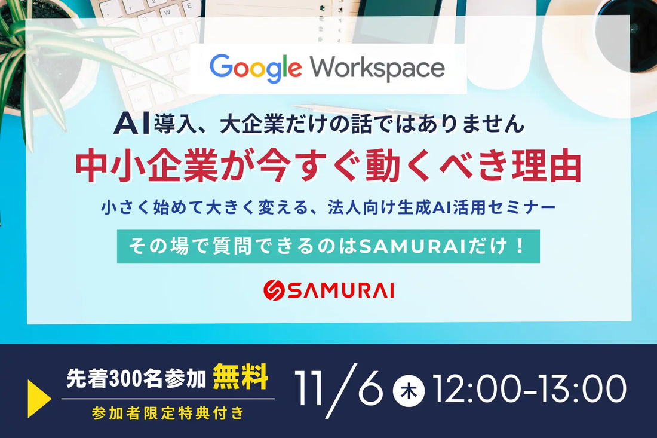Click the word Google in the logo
[x=255, y=68]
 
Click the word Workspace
[x=377, y=68]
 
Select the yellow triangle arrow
[x=39, y=398]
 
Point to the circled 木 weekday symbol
[x=409, y=391]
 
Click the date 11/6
[x=339, y=390]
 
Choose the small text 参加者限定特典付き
[x=168, y=413]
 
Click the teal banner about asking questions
[x=328, y=246]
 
